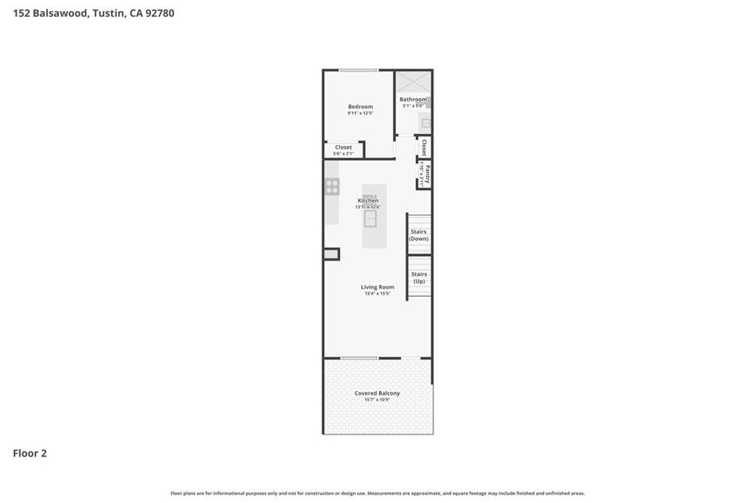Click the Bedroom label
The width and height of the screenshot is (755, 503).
tap(361, 107)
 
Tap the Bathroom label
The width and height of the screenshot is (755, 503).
tap(413, 99)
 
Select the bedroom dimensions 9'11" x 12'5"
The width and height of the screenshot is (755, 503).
tap(361, 113)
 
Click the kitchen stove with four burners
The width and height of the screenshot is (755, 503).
tap(332, 186)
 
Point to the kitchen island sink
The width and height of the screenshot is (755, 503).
tap(370, 218)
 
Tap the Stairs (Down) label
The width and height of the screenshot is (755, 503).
tap(419, 235)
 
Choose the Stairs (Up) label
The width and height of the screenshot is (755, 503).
tap(419, 278)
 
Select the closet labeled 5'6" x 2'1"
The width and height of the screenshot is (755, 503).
tap(344, 150)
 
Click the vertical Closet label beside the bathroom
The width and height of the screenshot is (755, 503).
tap(424, 147)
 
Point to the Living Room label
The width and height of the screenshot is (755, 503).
tap(377, 287)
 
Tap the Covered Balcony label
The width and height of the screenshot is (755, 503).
tap(377, 393)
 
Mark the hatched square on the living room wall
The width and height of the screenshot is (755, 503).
tap(331, 254)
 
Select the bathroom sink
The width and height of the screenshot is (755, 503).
tap(425, 123)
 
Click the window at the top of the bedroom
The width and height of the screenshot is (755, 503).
tap(359, 71)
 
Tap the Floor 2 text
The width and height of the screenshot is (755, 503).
tap(29, 454)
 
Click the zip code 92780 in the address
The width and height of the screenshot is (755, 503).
tap(159, 13)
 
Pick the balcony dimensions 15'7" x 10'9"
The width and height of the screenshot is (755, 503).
tap(377, 400)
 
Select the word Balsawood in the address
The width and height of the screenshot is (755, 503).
tap(60, 13)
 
